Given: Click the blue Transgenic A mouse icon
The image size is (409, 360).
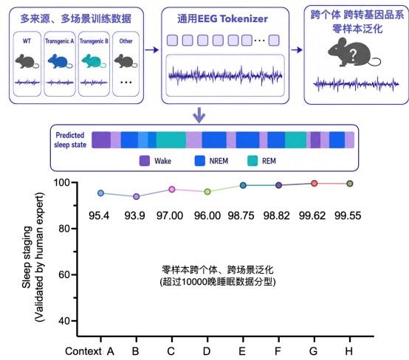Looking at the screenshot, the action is [60, 61].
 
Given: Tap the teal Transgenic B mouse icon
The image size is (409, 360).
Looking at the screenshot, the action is [94, 61].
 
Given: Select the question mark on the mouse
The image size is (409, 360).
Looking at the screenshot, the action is [353, 55].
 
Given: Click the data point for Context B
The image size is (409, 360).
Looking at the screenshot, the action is [136, 196].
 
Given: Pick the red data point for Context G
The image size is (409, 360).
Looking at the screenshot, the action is [315, 184].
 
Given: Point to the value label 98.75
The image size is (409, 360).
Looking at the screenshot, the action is [241, 215].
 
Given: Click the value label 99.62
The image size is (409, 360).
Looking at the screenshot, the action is [312, 215].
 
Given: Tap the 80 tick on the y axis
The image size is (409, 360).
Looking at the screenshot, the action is [64, 229].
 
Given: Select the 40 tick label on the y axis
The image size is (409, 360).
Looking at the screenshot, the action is [64, 321].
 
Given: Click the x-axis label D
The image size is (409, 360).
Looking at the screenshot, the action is [207, 351].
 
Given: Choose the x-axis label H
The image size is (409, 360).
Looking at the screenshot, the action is [349, 351].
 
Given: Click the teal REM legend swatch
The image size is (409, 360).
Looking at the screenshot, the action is [252, 161].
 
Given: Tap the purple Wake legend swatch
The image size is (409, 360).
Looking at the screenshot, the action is [145, 161].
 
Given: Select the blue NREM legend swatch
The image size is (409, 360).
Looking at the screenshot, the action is [200, 161].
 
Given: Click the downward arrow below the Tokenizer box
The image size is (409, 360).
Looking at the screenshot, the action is [199, 115].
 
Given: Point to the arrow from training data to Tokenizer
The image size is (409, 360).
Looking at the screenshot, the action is [152, 49].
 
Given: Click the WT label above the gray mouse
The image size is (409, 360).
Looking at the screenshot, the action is [27, 41].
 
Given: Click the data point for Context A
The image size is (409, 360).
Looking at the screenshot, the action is [100, 193].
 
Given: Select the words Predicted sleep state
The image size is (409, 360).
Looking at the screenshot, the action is [70, 139].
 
